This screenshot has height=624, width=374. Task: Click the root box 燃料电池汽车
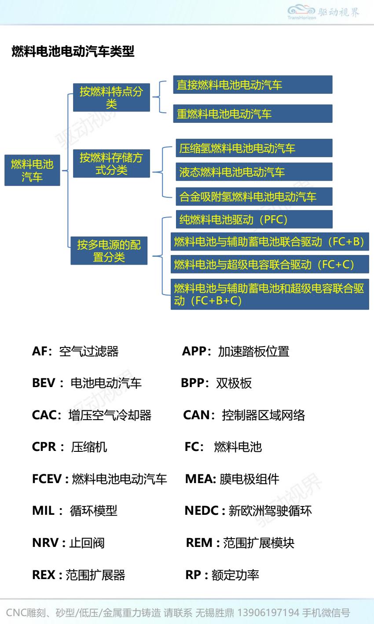click(x=32, y=170)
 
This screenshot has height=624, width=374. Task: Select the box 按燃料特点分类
click(x=111, y=97)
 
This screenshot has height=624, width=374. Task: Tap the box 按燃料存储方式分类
click(x=111, y=163)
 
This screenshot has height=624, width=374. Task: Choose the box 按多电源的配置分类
click(x=109, y=251)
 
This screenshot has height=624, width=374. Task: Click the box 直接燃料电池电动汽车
click(x=252, y=85)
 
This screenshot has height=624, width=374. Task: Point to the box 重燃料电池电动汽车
click(x=252, y=114)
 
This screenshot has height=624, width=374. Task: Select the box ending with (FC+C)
click(x=270, y=264)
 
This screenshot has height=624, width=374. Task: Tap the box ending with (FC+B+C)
click(x=270, y=294)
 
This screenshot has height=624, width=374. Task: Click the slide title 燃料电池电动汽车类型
click(x=73, y=52)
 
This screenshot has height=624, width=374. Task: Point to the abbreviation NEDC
click(x=202, y=511)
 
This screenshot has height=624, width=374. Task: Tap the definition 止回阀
click(x=87, y=543)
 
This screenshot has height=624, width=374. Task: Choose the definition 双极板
click(x=234, y=383)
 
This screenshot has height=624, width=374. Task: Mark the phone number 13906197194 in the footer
click(x=268, y=613)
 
